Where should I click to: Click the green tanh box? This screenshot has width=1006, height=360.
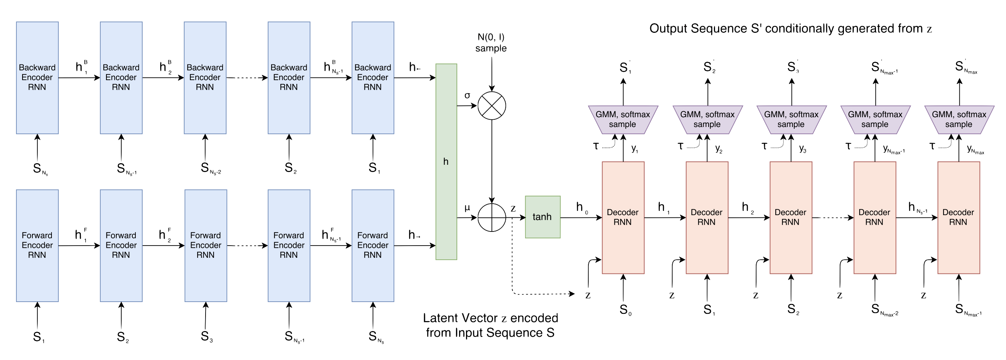click(x=542, y=217)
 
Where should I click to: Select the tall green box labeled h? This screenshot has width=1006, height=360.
click(x=446, y=161)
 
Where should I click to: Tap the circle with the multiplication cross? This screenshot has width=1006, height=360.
click(x=492, y=106)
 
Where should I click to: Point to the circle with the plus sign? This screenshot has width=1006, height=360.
click(x=492, y=217)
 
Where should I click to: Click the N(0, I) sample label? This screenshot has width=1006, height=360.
click(x=491, y=43)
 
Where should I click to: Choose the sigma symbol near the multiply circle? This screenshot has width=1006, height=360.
click(x=467, y=95)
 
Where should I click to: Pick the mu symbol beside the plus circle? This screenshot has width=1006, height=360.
click(x=467, y=208)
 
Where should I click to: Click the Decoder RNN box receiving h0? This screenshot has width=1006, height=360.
click(x=623, y=217)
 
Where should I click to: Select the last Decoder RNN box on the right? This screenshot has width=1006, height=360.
click(x=958, y=217)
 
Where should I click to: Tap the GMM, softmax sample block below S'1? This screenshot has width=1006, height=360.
click(x=623, y=119)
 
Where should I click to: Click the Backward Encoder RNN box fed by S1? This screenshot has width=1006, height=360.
click(x=373, y=77)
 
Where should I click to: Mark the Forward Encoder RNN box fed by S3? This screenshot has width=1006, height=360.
click(x=206, y=245)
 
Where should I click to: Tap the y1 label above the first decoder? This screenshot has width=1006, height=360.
click(x=635, y=148)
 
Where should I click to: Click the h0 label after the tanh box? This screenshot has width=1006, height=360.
click(x=582, y=208)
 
